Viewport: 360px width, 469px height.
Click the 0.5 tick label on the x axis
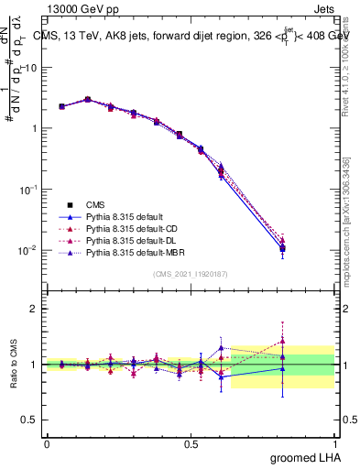191,443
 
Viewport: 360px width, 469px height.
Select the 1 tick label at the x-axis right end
335,443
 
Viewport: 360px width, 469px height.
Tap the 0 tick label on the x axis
46,443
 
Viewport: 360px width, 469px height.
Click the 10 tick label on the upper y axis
33,67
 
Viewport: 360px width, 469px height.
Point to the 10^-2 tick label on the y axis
29,249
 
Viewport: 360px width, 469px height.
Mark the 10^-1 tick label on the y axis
29,189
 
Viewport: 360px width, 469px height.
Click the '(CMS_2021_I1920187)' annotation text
191,273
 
